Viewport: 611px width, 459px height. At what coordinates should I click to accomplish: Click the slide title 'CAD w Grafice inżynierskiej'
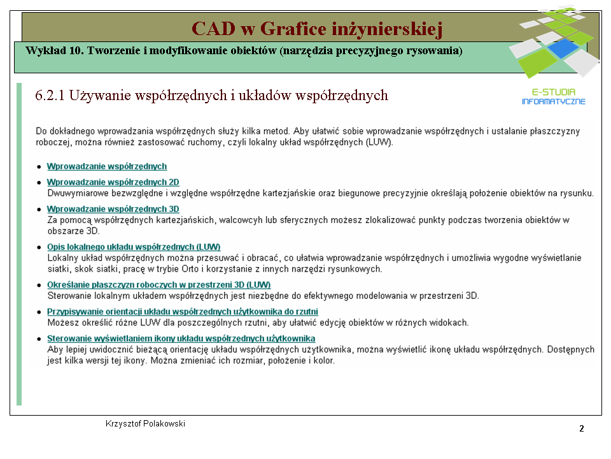(x=317, y=29)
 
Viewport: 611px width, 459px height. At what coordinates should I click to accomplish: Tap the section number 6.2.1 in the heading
(x=50, y=95)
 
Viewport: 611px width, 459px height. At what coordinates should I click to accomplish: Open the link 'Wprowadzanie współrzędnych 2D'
(x=113, y=182)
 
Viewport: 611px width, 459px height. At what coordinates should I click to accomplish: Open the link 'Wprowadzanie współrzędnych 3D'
(x=113, y=209)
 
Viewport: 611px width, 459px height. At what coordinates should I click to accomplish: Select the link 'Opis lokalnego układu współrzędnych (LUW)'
(x=134, y=247)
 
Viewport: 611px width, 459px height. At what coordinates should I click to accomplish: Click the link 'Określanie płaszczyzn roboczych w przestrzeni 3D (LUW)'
(x=159, y=285)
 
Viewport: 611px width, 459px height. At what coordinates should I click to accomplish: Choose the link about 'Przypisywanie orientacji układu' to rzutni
(x=183, y=312)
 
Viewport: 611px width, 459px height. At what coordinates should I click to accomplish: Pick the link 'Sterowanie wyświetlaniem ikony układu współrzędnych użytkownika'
(x=181, y=339)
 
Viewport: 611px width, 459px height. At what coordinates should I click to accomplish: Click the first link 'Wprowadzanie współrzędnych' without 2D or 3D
(x=107, y=166)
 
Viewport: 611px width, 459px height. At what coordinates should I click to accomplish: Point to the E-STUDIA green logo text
(x=554, y=92)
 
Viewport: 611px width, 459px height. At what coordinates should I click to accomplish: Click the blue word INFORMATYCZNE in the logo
(x=554, y=101)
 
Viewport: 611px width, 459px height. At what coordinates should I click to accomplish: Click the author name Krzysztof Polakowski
(x=145, y=424)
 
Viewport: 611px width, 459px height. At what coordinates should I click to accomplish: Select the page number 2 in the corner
(x=581, y=428)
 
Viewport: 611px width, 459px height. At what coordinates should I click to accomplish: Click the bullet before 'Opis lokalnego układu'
(x=39, y=247)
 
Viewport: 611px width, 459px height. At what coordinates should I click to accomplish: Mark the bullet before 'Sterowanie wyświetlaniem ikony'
(x=39, y=339)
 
